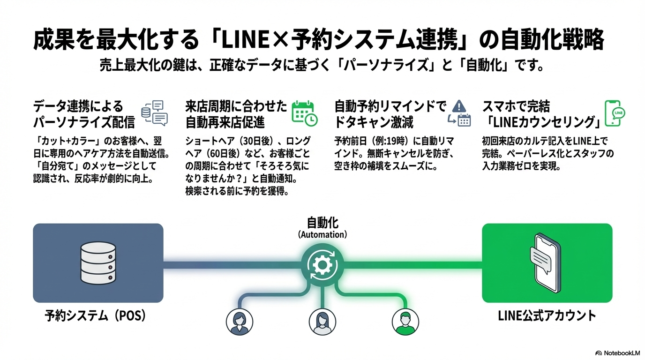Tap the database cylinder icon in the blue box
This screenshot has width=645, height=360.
click(97, 263)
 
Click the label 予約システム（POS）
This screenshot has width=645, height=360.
click(96, 316)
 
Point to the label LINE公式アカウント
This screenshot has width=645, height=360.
click(547, 316)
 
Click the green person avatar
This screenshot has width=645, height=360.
click(405, 322)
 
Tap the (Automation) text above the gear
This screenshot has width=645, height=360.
click(322, 234)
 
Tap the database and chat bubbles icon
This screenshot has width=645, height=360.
click(154, 113)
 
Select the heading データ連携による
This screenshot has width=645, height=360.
click(78, 106)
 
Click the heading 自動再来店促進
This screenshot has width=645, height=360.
click(225, 122)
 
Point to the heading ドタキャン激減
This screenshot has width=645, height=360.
click(374, 122)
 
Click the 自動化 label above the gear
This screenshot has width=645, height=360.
click(322, 222)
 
